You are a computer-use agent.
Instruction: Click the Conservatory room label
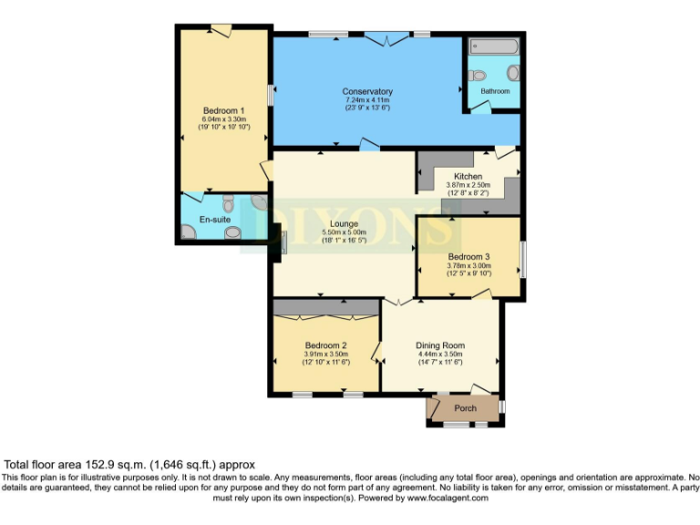pos(367,91)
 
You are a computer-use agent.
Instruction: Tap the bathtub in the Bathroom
pos(492,46)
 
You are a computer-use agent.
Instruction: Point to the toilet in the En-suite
pos(230,202)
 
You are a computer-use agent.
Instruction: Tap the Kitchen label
pos(468,176)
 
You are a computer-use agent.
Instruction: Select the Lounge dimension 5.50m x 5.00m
pos(345,232)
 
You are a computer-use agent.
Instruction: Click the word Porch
pos(465,407)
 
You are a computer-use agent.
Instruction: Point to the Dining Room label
pos(440,345)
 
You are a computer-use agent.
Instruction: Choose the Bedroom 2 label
pos(325,345)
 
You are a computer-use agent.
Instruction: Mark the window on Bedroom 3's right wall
pos(522,259)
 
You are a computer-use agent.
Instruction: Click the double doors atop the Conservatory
pos(386,38)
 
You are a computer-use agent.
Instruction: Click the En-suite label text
pos(215,220)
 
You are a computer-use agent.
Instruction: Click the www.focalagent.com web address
pos(448,498)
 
